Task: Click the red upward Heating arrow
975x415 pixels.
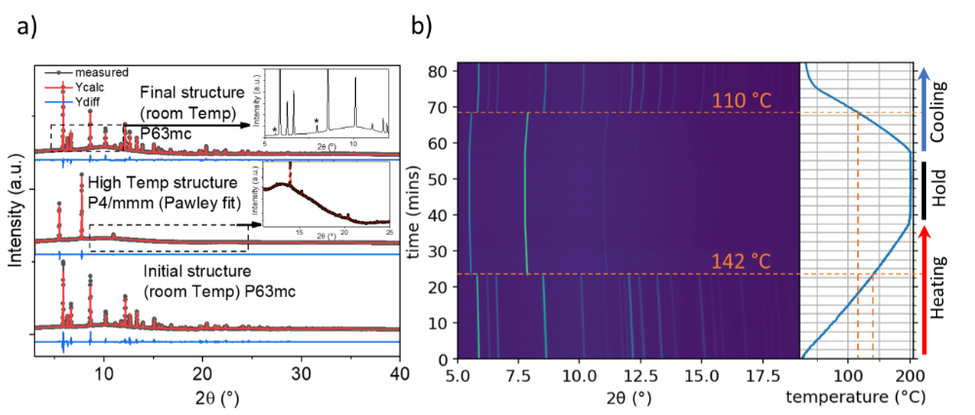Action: (919, 288)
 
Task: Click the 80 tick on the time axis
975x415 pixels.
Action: (442, 71)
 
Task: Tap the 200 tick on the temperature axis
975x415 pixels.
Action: (910, 373)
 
